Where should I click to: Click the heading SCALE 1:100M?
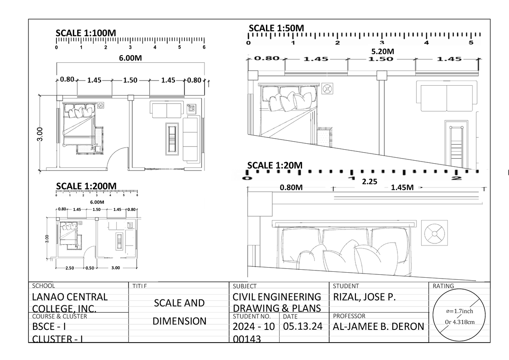[x=86, y=33]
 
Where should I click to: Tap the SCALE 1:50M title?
[x=276, y=28]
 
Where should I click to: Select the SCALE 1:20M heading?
[x=275, y=165]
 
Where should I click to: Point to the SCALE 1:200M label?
[x=86, y=186]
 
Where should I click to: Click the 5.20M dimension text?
[x=383, y=51]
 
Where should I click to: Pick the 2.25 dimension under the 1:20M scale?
[x=369, y=181]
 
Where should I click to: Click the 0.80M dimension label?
[x=291, y=188]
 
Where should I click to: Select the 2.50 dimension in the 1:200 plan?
[x=70, y=268]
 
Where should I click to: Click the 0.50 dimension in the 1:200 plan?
[x=89, y=268]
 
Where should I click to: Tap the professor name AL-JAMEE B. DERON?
[x=378, y=326]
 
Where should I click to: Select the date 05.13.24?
[x=303, y=327]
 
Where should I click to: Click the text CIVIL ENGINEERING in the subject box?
[x=277, y=297]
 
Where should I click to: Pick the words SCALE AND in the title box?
[x=179, y=303]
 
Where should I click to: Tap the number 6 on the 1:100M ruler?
[x=204, y=47]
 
